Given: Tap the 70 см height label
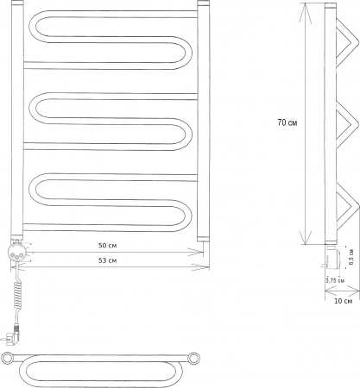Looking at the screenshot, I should [x=288, y=122].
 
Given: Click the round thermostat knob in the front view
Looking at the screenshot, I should [x=16, y=253].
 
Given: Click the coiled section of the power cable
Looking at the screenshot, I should [x=17, y=294].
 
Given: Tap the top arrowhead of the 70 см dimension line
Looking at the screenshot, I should [x=306, y=7].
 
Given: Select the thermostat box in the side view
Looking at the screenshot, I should [x=335, y=256].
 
